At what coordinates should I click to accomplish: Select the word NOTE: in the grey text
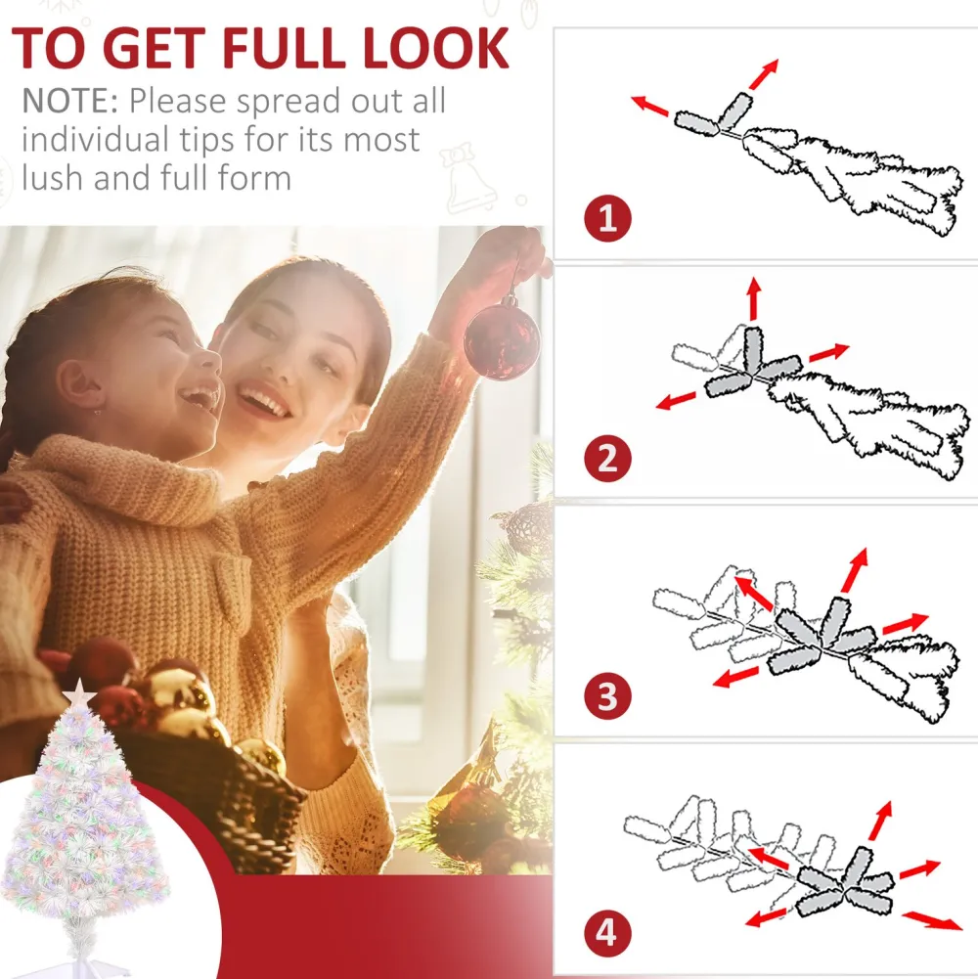pyautogui.click(x=70, y=101)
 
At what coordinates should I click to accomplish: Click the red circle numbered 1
pyautogui.click(x=607, y=218)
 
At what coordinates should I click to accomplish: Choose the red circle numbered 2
pyautogui.click(x=607, y=459)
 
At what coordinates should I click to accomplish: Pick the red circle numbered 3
pyautogui.click(x=607, y=695)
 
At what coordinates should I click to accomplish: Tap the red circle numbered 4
pyautogui.click(x=607, y=933)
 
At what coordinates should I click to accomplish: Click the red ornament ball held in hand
pyautogui.click(x=502, y=340)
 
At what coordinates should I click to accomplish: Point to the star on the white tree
pyautogui.click(x=79, y=692)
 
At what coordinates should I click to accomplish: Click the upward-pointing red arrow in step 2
pyautogui.click(x=754, y=298)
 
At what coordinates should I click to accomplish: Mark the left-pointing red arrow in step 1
pyautogui.click(x=649, y=106)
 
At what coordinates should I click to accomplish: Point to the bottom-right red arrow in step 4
pyautogui.click(x=932, y=920)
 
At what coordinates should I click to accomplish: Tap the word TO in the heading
pyautogui.click(x=48, y=48)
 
